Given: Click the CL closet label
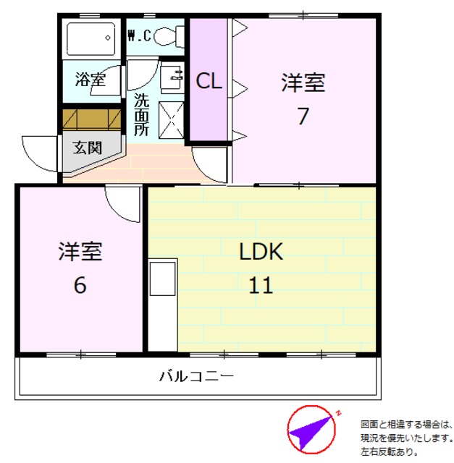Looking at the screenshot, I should (x=209, y=82).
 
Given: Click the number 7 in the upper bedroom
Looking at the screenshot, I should (x=303, y=116).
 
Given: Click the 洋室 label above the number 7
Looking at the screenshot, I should (x=303, y=83).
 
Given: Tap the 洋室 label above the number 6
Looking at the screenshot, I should (x=80, y=252).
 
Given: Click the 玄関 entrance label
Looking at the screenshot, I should (x=87, y=147).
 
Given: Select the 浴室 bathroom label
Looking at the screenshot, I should (x=91, y=79).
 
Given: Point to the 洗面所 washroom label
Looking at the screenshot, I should (x=141, y=114).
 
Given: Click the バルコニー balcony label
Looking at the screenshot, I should (x=196, y=377).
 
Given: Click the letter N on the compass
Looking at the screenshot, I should (x=338, y=415).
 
